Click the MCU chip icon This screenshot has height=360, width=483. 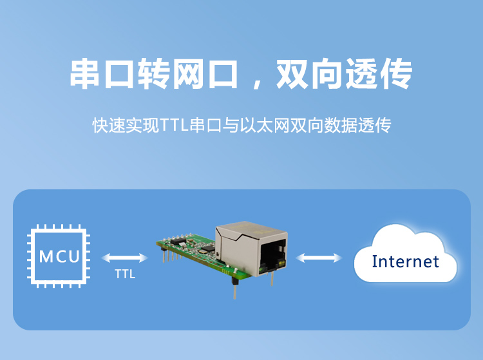pos(58,257)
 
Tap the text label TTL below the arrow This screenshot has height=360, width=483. pos(125,274)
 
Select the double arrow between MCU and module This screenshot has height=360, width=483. pos(125,258)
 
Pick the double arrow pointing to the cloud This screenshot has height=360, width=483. pos(319,258)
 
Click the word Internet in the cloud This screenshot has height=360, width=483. pos(406,261)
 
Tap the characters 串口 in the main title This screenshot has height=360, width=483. pos(103,75)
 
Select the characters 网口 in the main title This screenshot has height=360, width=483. pos(206,75)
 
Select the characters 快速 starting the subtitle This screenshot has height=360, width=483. pos(106,125)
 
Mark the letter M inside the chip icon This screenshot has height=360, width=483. pos(46,257)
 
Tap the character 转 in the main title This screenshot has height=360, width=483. pos(155,75)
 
